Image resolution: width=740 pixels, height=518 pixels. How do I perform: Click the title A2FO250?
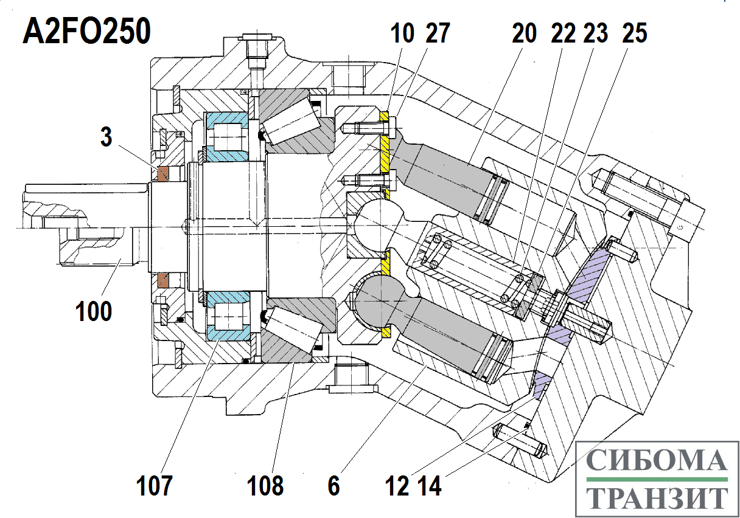[86, 31]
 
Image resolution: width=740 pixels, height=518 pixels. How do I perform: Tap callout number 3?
[106, 137]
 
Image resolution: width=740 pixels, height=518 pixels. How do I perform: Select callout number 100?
[94, 311]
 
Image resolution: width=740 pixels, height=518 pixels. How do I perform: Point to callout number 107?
[155, 486]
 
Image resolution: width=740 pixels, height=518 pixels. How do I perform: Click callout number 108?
[265, 486]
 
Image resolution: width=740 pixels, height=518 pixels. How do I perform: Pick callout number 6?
[333, 486]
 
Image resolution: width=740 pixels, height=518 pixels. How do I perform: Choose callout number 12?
[397, 486]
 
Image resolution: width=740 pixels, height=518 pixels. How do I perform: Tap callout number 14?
[430, 486]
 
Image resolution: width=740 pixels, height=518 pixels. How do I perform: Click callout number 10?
[402, 33]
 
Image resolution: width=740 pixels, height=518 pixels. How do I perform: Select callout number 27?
[438, 33]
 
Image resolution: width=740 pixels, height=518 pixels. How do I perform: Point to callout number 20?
[525, 33]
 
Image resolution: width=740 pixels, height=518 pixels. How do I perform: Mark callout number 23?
[596, 33]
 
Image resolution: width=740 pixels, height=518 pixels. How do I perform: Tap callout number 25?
[635, 33]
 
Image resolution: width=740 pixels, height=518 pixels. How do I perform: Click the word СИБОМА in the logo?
[657, 460]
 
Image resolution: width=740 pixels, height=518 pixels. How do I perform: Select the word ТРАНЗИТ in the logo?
[657, 497]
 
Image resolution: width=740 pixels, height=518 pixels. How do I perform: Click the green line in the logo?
[657, 479]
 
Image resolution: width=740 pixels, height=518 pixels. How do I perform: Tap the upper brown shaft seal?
[163, 174]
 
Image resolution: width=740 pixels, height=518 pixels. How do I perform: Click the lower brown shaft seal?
[163, 280]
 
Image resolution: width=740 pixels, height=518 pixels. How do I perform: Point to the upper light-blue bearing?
[226, 136]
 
